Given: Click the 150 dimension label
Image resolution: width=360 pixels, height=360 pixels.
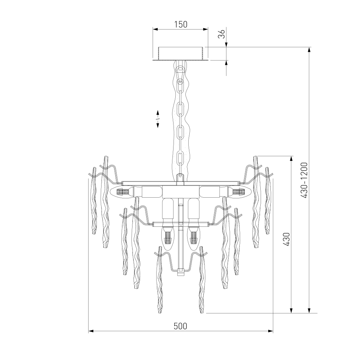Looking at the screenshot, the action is [x=181, y=24].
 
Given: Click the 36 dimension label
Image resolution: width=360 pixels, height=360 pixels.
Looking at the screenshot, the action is [x=222, y=34].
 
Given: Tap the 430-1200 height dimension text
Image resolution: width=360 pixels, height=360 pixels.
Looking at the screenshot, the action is [x=304, y=180].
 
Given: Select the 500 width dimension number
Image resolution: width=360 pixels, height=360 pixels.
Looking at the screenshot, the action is [x=180, y=326].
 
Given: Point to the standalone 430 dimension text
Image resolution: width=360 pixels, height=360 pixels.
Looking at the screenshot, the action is [x=287, y=239].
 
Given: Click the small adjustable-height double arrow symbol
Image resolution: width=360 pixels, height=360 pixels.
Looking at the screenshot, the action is [x=158, y=119].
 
